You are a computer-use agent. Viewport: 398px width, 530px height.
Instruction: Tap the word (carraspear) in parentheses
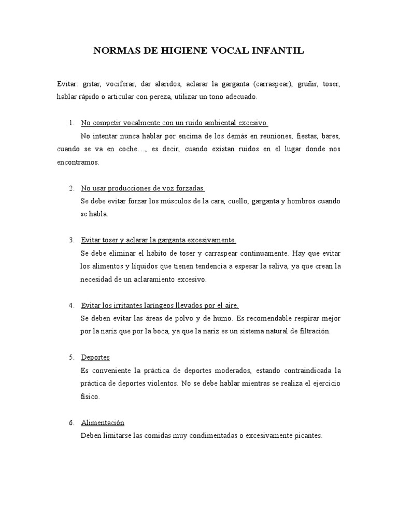click(x=272, y=84)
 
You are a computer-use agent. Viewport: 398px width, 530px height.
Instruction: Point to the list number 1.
click(x=71, y=123)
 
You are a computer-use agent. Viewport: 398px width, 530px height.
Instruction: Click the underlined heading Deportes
click(x=95, y=358)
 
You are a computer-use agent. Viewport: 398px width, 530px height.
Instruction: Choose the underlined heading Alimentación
click(x=103, y=422)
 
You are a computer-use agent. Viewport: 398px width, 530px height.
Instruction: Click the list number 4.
click(x=71, y=305)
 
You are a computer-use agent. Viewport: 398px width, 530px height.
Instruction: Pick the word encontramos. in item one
click(x=78, y=162)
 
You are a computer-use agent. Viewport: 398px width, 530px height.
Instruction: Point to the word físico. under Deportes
click(x=90, y=396)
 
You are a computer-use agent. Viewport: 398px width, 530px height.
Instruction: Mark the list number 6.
click(x=71, y=422)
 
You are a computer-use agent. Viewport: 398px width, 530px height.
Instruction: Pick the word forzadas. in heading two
click(x=190, y=188)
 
